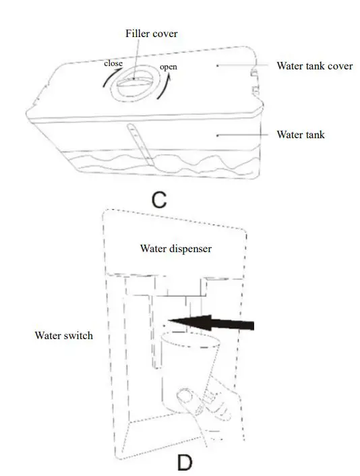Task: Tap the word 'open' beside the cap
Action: coord(169,67)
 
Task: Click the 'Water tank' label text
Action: coord(300,135)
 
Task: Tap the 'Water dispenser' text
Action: coord(176,248)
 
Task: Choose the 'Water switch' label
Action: coord(63,335)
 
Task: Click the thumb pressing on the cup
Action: coord(184,402)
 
